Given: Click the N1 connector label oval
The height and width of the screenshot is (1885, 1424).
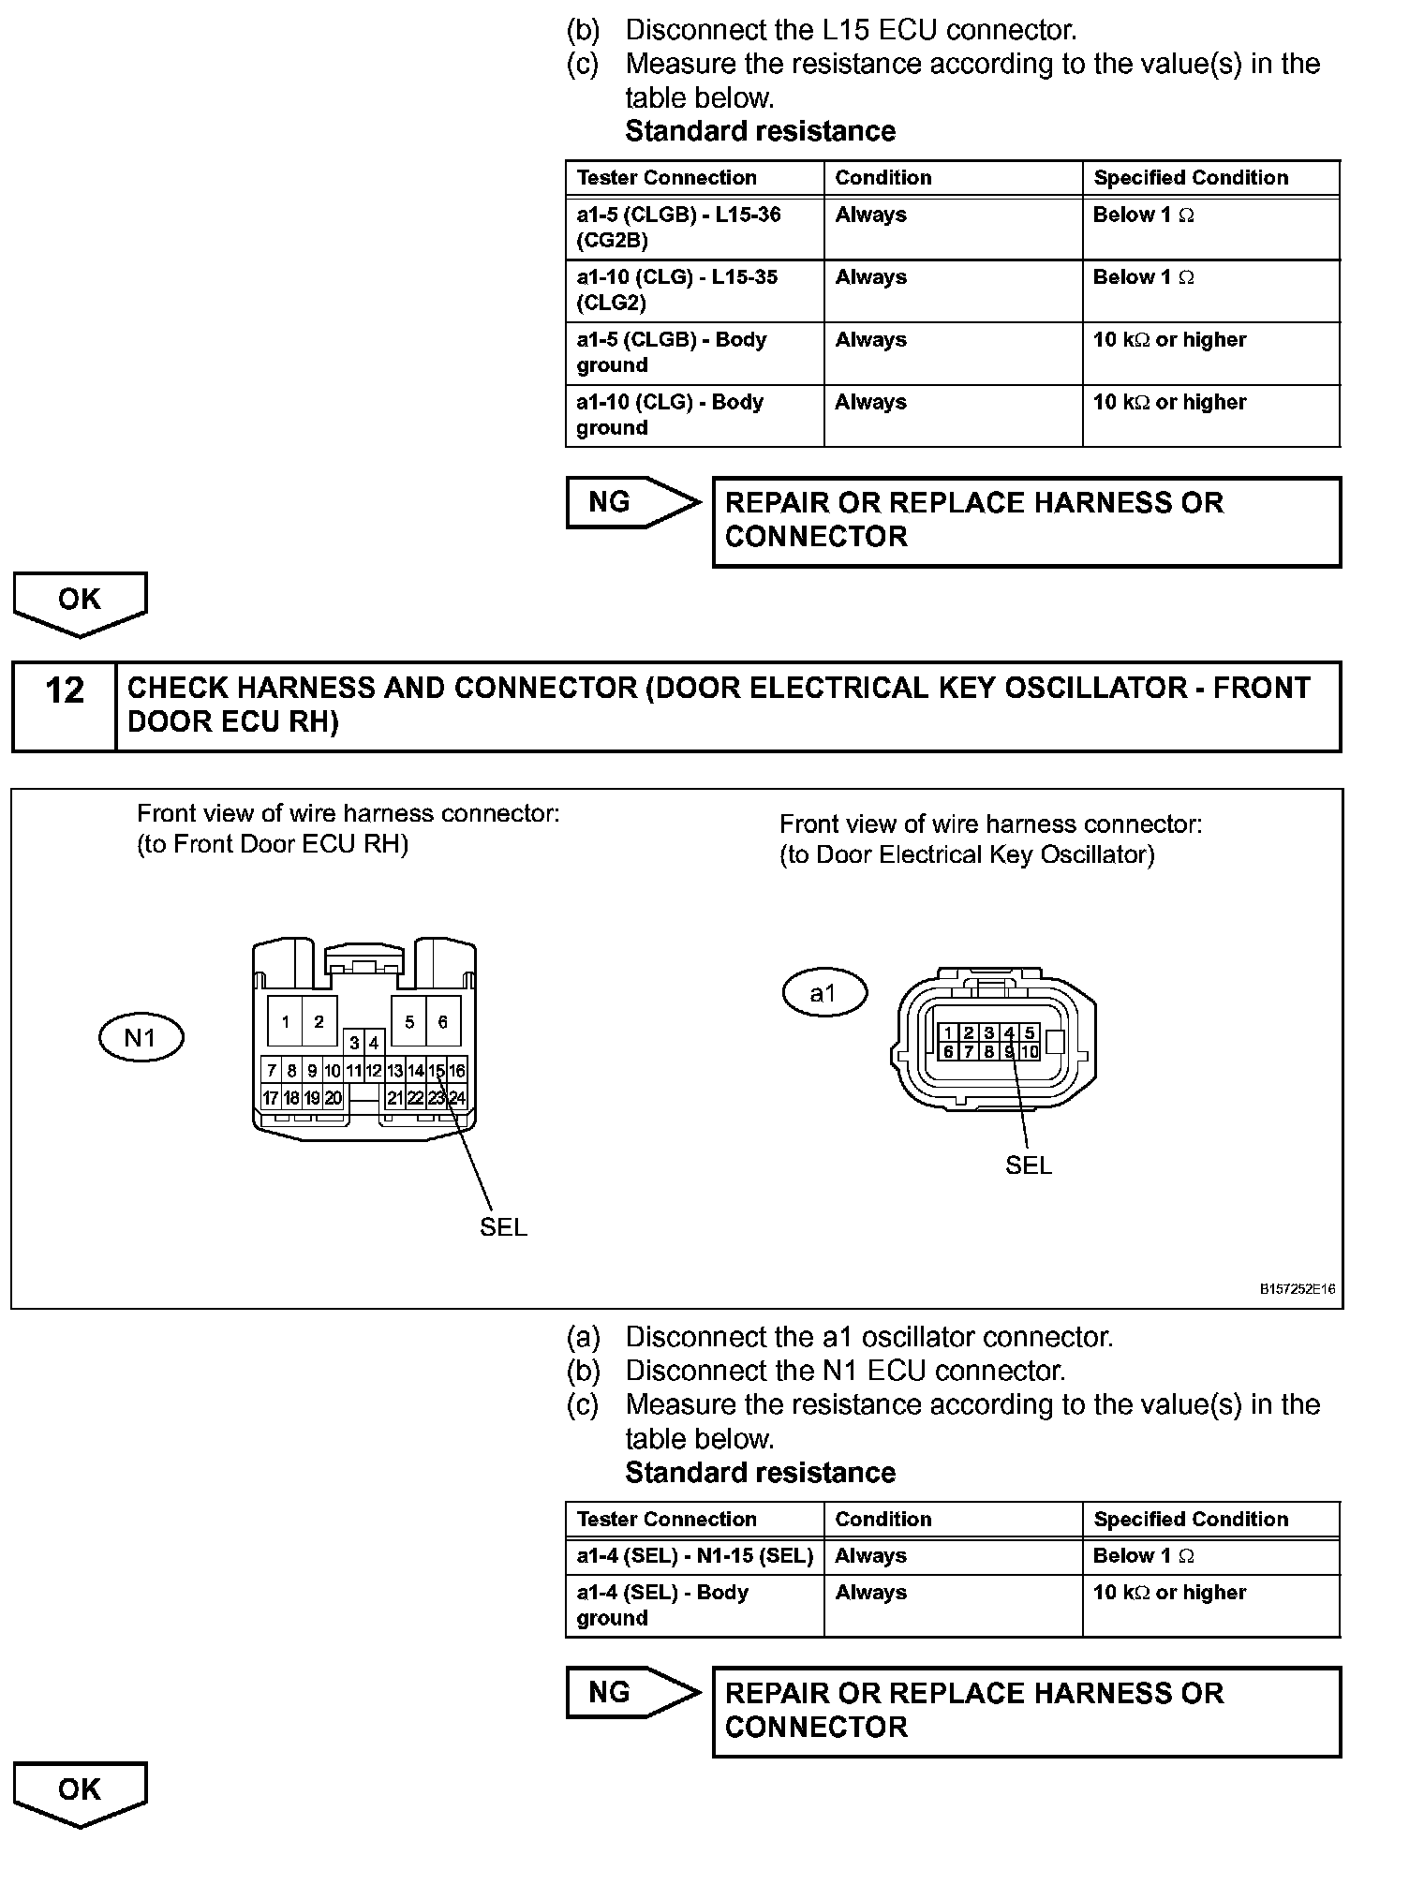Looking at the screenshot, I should [141, 1038].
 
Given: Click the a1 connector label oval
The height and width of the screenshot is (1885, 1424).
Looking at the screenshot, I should [824, 993].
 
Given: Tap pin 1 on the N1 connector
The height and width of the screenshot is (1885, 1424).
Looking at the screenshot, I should [285, 1022].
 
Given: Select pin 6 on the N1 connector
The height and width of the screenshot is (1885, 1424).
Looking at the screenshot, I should [443, 1022].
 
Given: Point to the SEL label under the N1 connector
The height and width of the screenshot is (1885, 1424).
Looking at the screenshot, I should [503, 1227].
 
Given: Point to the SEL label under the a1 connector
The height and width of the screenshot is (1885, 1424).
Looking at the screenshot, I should [1028, 1165].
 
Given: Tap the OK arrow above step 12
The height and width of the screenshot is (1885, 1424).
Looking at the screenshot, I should [80, 601].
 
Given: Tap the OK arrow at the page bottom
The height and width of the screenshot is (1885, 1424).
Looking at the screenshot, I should [80, 1791].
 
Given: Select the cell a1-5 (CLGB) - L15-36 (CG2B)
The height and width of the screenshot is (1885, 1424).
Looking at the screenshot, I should [694, 228].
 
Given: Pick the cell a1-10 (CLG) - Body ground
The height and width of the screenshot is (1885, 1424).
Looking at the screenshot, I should [694, 415].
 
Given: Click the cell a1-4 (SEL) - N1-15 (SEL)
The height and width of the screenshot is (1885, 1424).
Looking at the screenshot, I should [694, 1556].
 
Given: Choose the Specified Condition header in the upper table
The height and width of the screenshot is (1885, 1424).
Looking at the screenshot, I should [1191, 178].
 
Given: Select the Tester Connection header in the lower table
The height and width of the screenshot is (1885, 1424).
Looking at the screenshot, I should [667, 1520].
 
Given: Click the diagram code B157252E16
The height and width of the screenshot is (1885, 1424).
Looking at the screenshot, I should [1297, 1290].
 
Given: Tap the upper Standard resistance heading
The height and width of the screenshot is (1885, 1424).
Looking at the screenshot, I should [760, 131].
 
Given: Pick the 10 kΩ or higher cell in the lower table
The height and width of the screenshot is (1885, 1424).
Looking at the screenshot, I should [1170, 1593].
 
